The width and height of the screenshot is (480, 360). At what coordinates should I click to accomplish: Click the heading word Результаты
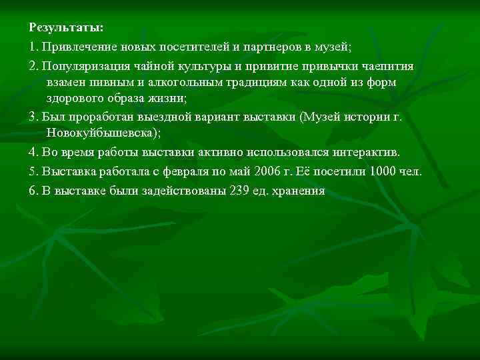pyautogui.click(x=66, y=28)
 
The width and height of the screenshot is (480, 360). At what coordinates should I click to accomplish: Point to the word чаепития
pyautogui.click(x=383, y=67)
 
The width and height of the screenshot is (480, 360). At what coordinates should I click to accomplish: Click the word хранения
pyautogui.click(x=298, y=191)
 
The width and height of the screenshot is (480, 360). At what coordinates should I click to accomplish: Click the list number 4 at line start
pyautogui.click(x=34, y=153)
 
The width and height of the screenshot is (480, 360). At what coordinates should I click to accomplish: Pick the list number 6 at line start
pyautogui.click(x=34, y=191)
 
